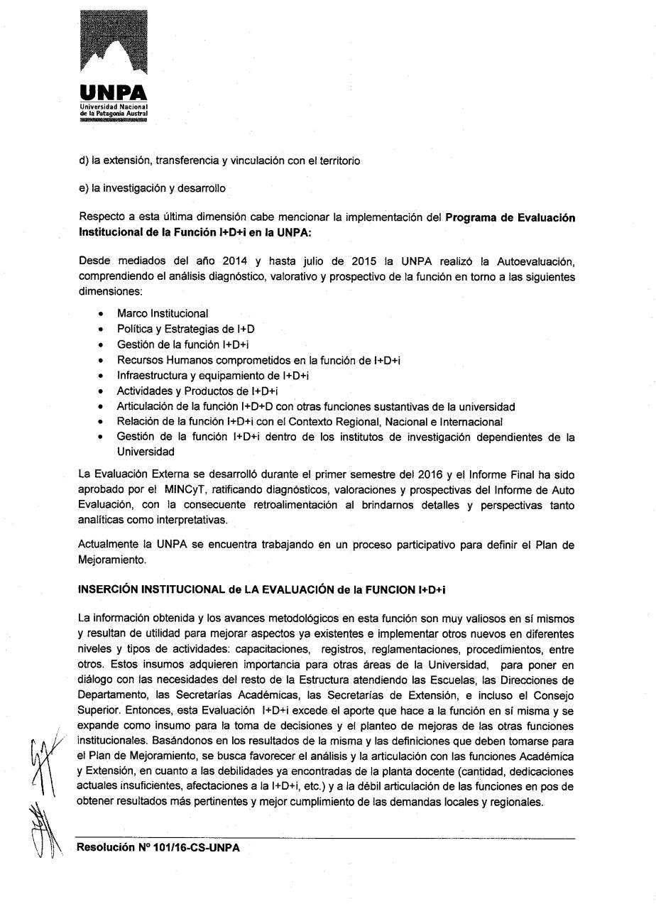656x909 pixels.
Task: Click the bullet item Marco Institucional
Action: [x=163, y=313]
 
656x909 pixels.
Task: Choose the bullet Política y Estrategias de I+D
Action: [x=185, y=329]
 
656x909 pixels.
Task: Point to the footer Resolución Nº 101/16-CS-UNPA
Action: [x=158, y=847]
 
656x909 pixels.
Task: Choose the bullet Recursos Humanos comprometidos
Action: [x=258, y=360]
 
